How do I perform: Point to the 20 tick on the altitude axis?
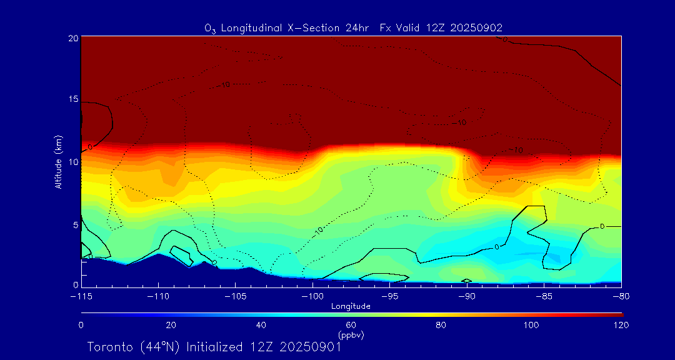[x=73, y=38]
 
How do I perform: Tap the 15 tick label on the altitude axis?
[x=73, y=99]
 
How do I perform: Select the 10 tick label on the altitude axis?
[x=73, y=161]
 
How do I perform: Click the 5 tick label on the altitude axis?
[x=75, y=224]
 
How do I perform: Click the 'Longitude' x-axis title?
[x=351, y=306]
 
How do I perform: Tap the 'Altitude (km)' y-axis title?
[x=58, y=161]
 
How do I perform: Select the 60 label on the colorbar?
[x=351, y=325]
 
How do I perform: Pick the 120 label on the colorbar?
[x=621, y=325]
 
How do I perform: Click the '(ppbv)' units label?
[x=351, y=334]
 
